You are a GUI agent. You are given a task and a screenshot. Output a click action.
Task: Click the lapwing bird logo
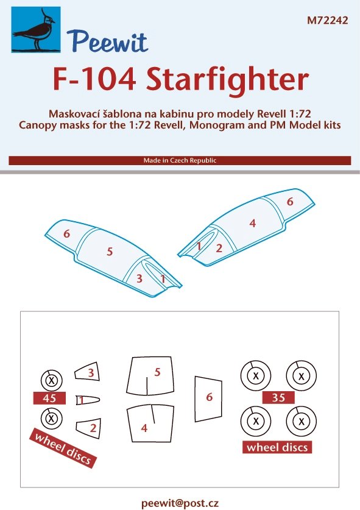36,30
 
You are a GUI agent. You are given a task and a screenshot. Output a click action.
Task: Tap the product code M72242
328,21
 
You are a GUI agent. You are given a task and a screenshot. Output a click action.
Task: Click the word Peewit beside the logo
107,41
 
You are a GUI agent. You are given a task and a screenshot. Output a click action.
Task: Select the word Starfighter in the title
227,80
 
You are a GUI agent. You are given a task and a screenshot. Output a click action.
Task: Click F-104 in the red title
94,80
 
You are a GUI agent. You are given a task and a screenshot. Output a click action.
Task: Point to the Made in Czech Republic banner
180,160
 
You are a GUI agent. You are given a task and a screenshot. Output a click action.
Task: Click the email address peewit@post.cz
180,503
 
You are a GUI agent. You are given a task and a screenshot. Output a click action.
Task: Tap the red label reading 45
49,398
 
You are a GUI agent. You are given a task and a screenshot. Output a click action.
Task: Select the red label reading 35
279,397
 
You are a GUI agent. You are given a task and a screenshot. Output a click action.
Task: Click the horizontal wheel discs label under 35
277,447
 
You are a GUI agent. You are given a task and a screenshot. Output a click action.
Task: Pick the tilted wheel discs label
63,448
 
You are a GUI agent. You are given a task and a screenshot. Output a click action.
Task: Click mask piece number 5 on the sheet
150,376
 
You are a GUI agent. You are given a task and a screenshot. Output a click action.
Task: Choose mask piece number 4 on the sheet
150,423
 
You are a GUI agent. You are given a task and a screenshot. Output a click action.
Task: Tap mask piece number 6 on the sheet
208,399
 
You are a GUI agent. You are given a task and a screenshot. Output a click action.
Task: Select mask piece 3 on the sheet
88,371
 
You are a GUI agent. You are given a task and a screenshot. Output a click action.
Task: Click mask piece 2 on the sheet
89,428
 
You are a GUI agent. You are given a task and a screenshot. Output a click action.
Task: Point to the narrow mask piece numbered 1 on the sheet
88,400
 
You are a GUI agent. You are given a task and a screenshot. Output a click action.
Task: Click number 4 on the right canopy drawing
253,223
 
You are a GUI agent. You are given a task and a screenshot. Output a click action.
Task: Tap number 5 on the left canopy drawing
110,252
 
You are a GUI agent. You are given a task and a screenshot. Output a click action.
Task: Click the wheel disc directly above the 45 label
51,380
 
